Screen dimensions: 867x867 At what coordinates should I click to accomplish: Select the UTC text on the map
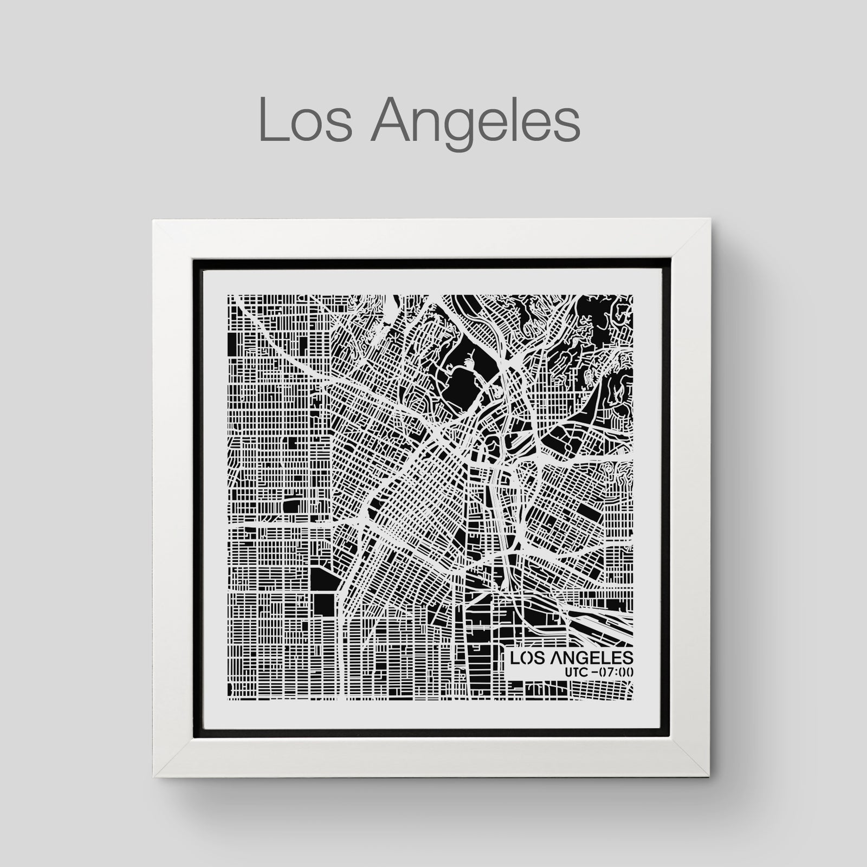pyautogui.click(x=575, y=672)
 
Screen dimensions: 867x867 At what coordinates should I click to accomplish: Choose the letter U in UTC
pyautogui.click(x=567, y=672)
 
